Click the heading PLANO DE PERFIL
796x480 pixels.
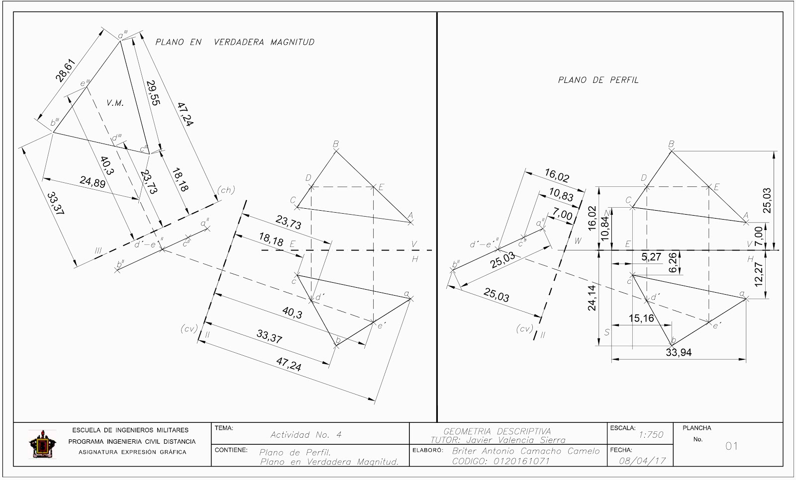[x=598, y=80]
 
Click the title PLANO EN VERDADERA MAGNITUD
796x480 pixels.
[x=235, y=42]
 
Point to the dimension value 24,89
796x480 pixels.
[x=92, y=183]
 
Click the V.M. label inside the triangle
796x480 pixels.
[x=115, y=103]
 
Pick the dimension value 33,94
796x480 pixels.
[x=679, y=353]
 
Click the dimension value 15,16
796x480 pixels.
[x=642, y=319]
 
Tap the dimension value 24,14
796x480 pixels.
[x=592, y=298]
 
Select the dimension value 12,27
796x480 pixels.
[x=758, y=274]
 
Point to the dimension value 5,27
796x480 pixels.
[x=652, y=257]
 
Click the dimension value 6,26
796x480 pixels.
[x=673, y=262]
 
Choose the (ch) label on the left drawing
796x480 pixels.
[x=225, y=190]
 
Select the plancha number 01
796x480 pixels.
[x=731, y=446]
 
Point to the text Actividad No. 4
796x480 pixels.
[x=306, y=435]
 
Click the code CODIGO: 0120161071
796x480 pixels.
[x=500, y=461]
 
